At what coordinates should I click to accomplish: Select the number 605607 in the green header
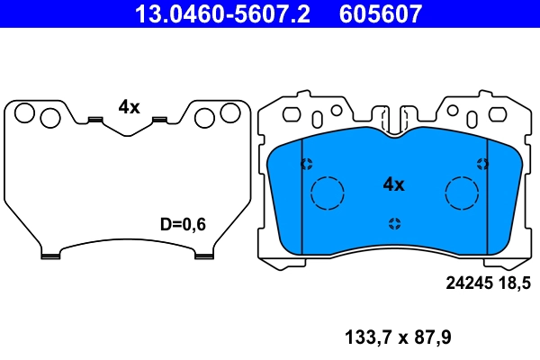coord(379,13)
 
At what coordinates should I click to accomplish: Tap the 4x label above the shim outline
coord(129,106)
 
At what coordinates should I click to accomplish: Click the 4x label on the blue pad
coord(393,184)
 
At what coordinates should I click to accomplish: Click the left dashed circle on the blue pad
coord(327,192)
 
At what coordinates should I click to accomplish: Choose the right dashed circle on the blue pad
coord(463,192)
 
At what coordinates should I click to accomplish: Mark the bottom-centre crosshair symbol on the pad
coord(394,223)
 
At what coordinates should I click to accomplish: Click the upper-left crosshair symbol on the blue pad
coord(306,164)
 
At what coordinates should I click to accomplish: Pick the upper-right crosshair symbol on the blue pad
coord(482,164)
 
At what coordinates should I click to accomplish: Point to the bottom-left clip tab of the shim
coord(50,255)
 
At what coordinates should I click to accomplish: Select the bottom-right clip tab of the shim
coord(204,255)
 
